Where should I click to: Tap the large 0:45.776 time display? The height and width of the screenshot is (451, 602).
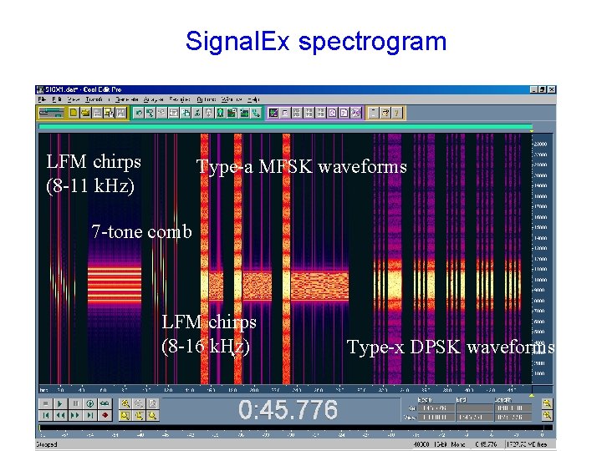click(x=288, y=410)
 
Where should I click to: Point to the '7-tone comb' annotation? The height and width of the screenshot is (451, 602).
click(x=141, y=231)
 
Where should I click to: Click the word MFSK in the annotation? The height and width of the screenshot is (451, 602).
click(x=288, y=167)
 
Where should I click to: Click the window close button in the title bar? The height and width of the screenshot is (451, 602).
click(x=552, y=89)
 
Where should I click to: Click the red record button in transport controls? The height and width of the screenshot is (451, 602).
click(x=105, y=415)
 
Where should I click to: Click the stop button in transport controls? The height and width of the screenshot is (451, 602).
click(x=45, y=403)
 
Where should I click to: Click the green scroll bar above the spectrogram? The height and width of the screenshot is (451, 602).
click(x=284, y=128)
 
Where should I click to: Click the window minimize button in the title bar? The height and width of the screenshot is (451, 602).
click(x=533, y=89)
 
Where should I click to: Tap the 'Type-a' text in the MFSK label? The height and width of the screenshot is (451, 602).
click(x=224, y=167)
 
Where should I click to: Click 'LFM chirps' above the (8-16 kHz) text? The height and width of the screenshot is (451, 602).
click(x=209, y=322)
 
